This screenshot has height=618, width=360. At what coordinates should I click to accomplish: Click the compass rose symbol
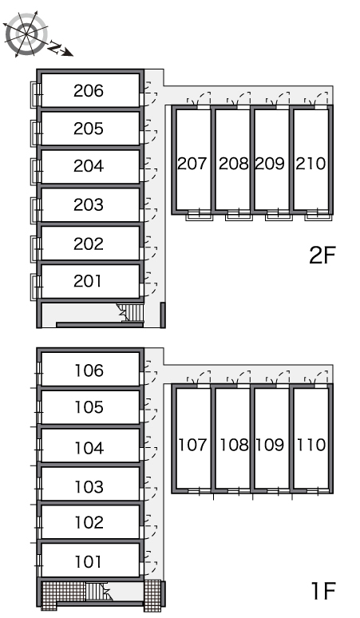[x=26, y=34]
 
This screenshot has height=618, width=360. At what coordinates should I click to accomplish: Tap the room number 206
[x=89, y=91]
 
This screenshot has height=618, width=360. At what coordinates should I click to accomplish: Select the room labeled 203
[x=89, y=204]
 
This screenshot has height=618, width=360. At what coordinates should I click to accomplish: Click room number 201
[x=88, y=281]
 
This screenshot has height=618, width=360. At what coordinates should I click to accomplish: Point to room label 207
[x=192, y=163]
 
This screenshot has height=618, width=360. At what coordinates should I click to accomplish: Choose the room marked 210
[x=311, y=163]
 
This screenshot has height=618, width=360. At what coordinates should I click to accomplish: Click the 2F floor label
[x=322, y=255]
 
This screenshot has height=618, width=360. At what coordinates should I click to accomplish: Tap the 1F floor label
[x=323, y=590]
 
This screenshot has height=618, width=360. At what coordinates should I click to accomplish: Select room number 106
[x=89, y=370]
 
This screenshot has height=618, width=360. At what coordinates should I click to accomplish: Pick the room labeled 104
[x=89, y=448]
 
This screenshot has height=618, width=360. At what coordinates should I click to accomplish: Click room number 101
[x=88, y=561]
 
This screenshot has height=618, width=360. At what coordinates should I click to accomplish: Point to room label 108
[x=234, y=445]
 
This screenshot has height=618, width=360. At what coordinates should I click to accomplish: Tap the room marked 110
[x=311, y=445]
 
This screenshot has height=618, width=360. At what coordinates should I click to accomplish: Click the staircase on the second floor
[x=130, y=313]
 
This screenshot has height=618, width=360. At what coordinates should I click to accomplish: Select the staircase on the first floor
[x=97, y=592]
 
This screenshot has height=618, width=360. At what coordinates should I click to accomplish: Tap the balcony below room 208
[x=239, y=216]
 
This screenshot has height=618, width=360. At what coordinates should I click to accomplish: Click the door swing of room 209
[x=279, y=100]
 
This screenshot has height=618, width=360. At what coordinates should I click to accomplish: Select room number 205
[x=89, y=129]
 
